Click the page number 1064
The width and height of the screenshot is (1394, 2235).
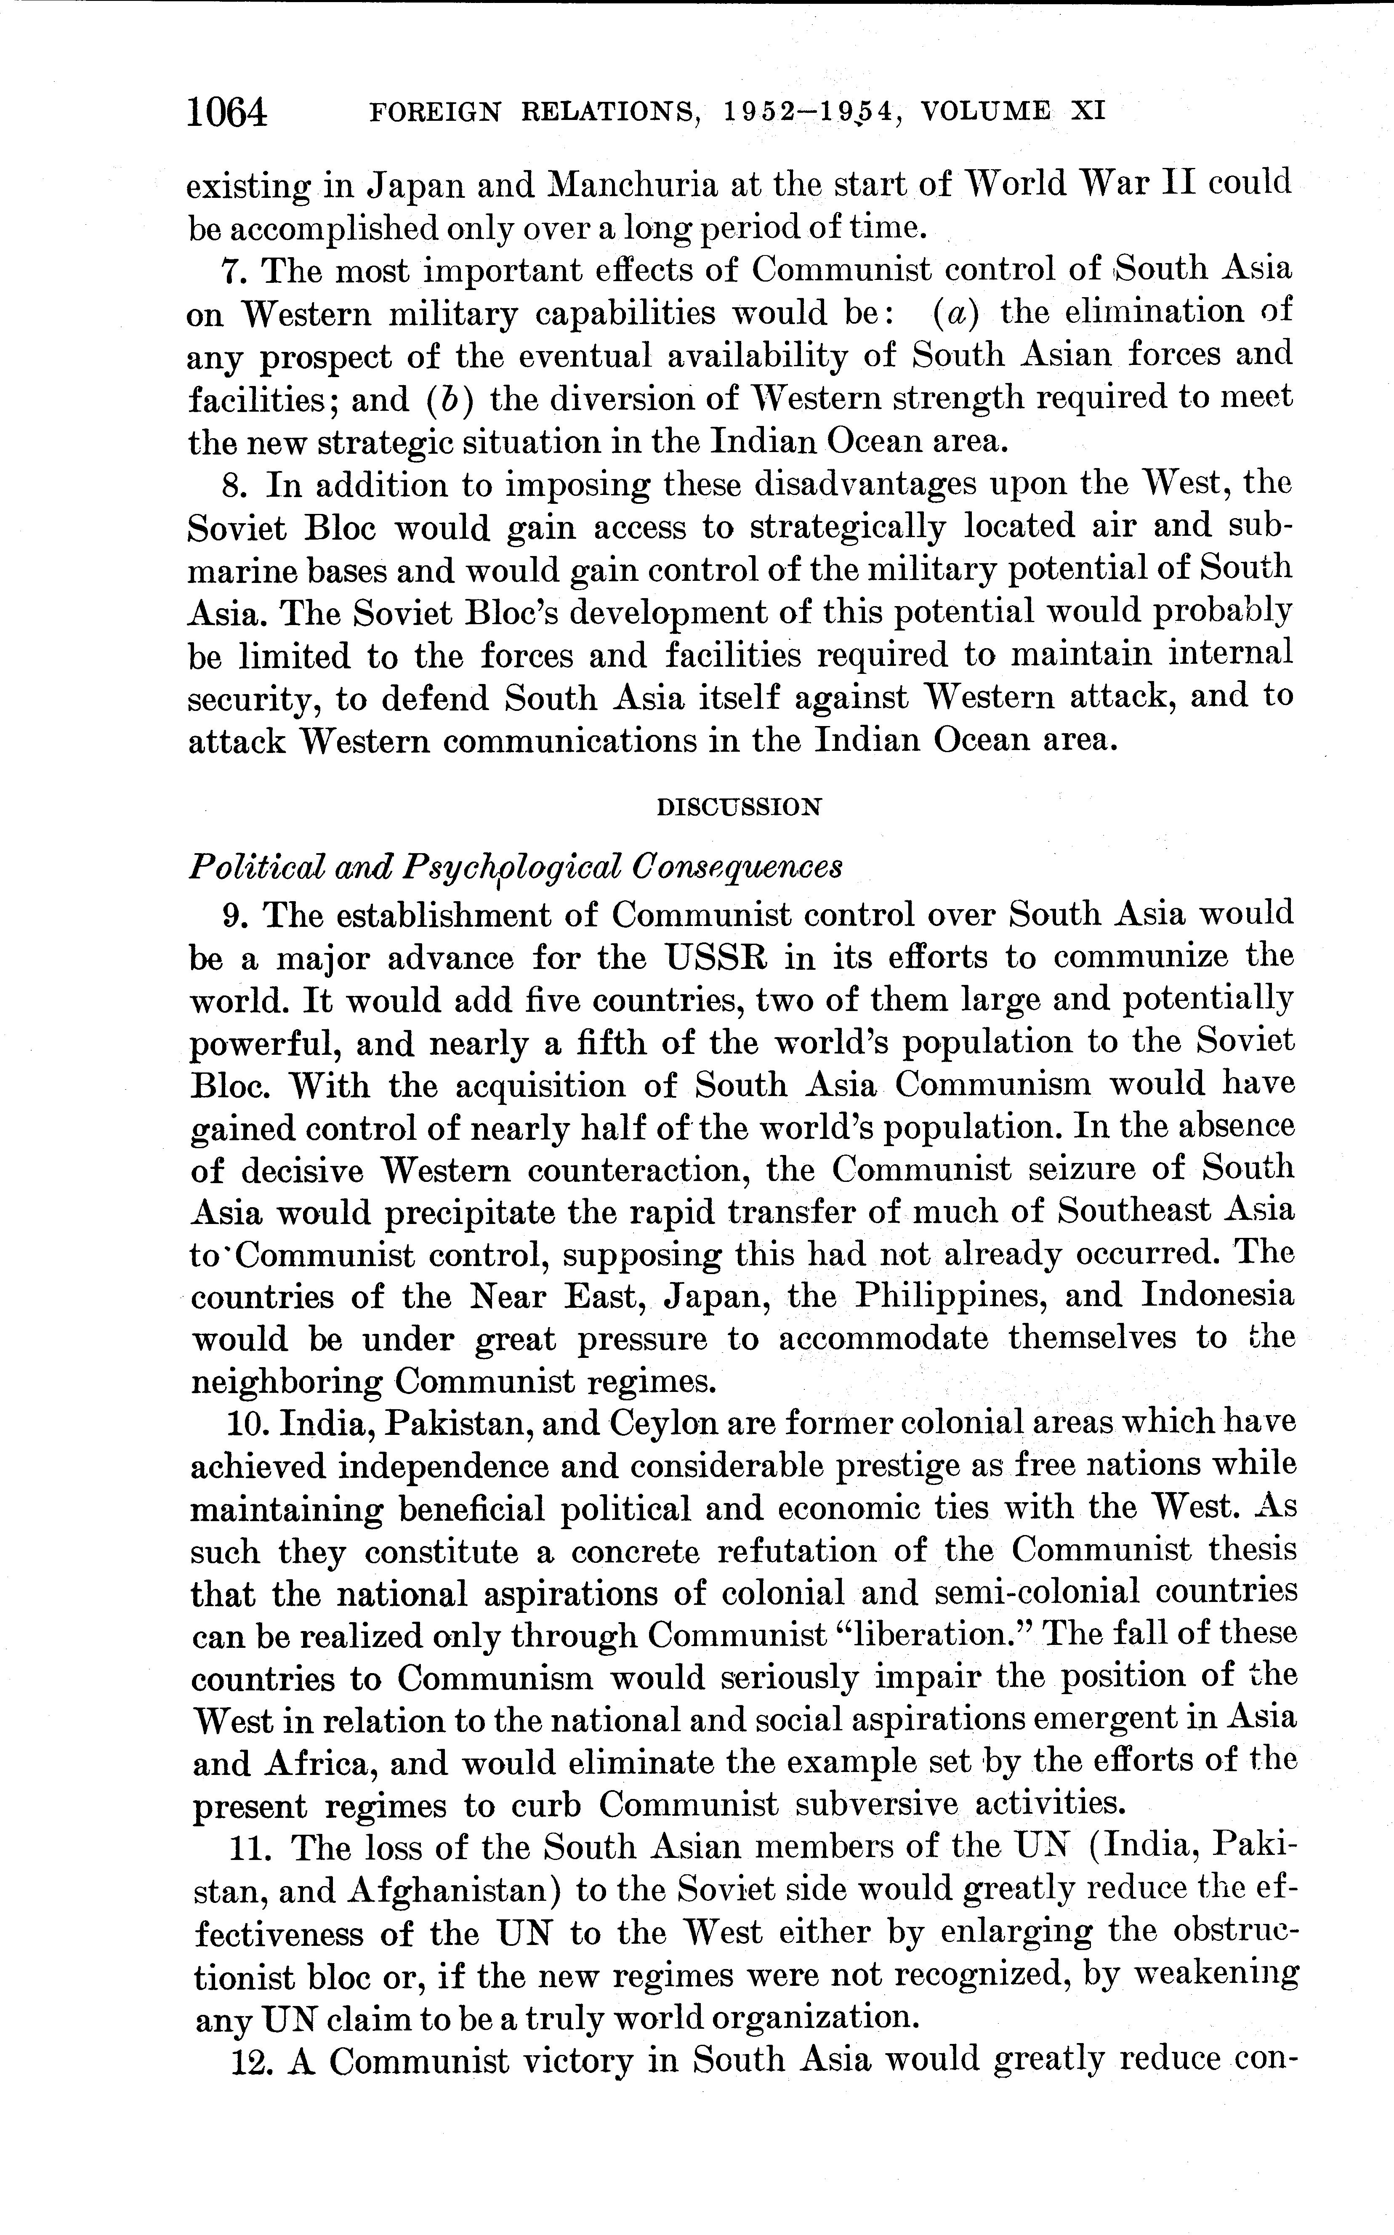[x=227, y=112]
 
